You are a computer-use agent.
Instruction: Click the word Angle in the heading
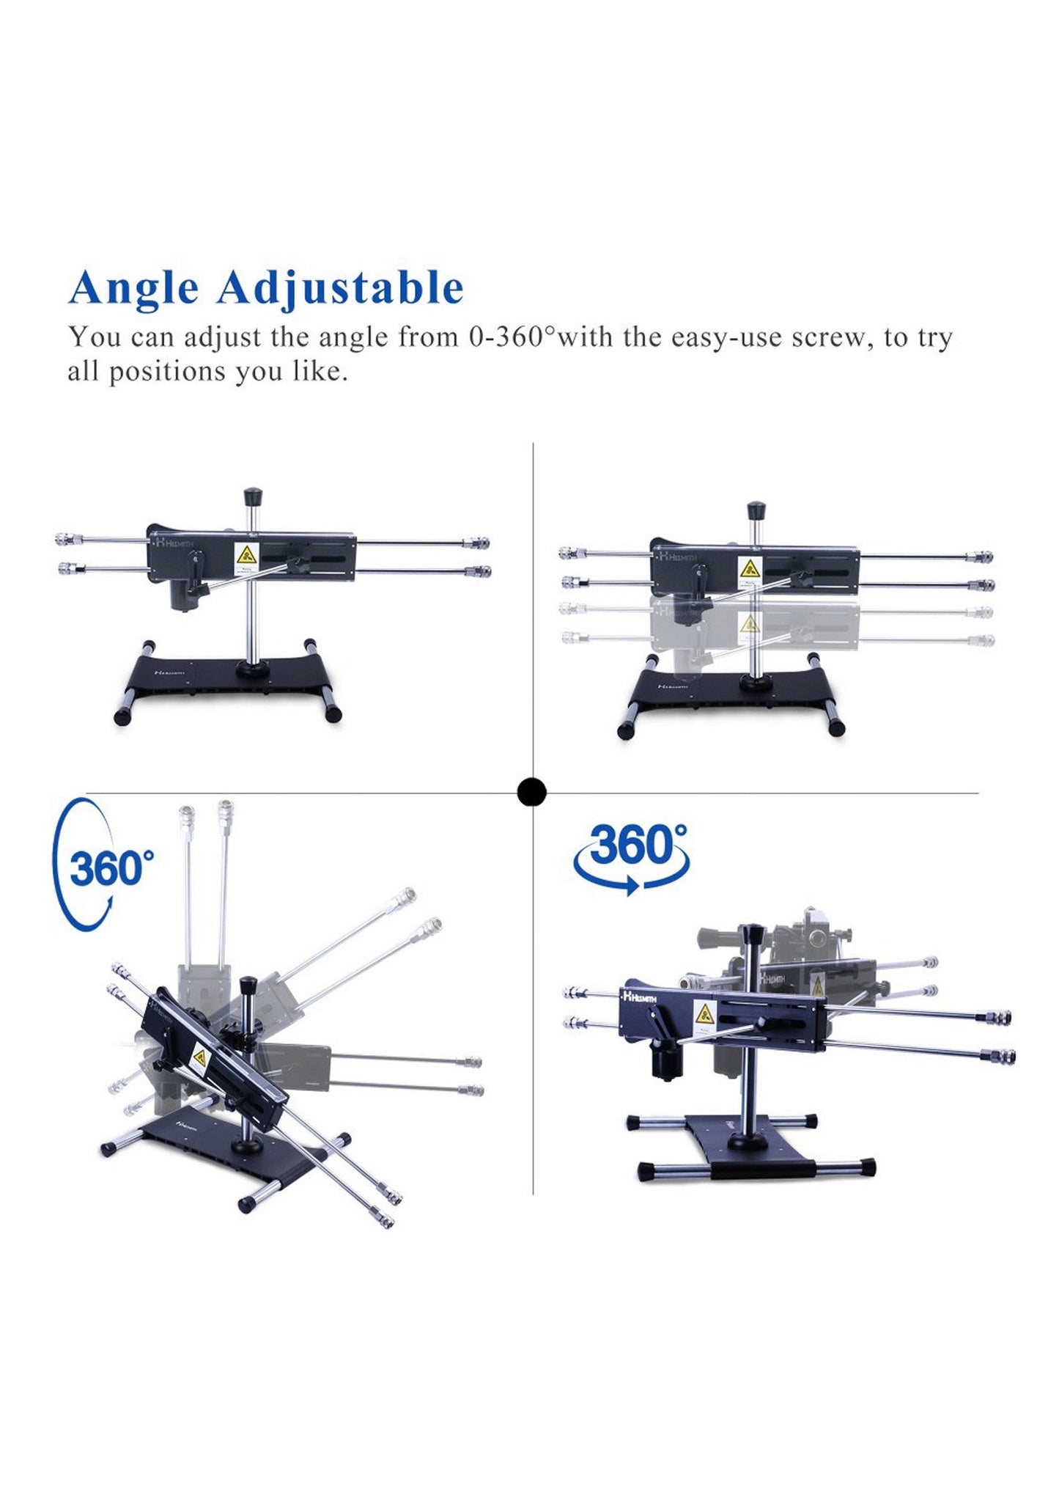pos(133,287)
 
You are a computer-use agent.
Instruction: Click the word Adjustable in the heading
pos(340,287)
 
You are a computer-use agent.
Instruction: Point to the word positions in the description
pos(167,372)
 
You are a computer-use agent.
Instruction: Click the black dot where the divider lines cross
pos(531,793)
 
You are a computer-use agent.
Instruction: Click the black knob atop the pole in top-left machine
pos(253,496)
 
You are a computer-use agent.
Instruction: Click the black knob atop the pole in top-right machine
pos(756,510)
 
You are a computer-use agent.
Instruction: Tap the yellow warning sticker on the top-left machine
pos(246,555)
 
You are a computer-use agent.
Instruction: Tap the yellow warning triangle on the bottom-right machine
pos(704,1015)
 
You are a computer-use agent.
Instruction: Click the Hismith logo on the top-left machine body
pos(174,544)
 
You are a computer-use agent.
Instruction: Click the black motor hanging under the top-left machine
pos(182,596)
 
